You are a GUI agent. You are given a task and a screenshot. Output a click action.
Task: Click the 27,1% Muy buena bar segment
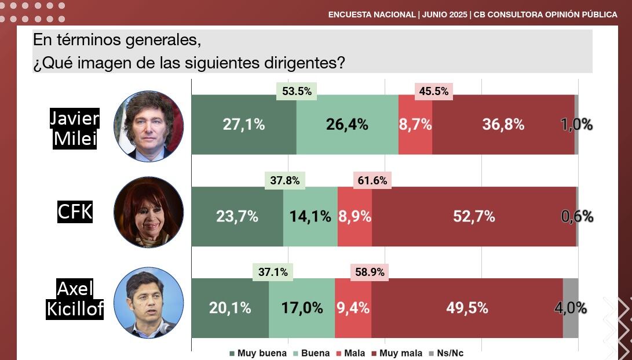[243, 124]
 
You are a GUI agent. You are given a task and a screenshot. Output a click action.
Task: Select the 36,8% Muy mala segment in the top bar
[503, 124]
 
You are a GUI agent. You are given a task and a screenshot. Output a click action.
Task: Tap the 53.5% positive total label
[297, 91]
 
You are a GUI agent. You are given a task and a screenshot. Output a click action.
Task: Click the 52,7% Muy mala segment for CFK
[474, 216]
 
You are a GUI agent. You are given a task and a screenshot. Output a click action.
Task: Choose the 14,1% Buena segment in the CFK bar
[310, 216]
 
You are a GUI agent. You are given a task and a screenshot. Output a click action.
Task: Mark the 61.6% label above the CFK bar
[372, 180]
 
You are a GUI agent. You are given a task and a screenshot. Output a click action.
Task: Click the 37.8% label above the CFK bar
[285, 180]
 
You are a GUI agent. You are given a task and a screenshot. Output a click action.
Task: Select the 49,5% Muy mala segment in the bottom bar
[467, 308]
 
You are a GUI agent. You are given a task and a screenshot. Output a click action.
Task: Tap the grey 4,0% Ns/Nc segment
[571, 308]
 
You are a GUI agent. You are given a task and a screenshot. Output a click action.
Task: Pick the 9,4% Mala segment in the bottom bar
[353, 308]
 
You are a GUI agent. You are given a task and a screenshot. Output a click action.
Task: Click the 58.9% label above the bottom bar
[368, 271]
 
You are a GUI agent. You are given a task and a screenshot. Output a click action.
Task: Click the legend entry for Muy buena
[258, 353]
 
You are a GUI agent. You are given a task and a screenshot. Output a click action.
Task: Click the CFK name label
[75, 212]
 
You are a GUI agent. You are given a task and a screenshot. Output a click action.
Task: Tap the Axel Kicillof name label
[75, 299]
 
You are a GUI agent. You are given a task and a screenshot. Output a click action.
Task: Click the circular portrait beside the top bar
[148, 126]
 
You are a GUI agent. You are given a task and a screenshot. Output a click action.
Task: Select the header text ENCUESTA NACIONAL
[371, 14]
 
